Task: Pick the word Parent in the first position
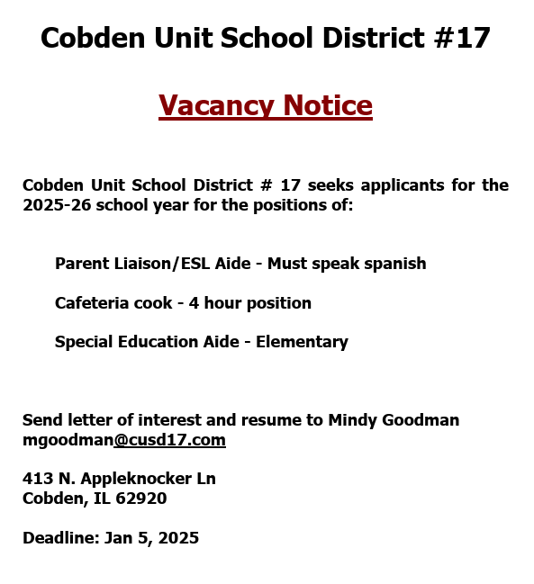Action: [x=80, y=264]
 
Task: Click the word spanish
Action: [x=393, y=264]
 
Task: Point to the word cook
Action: [x=151, y=303]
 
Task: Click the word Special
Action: [x=83, y=342]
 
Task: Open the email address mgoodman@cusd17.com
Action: [x=123, y=440]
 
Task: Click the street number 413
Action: [x=36, y=479]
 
